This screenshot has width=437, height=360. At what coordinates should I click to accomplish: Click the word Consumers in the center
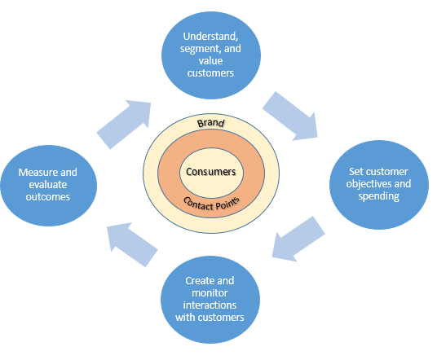point(211,173)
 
